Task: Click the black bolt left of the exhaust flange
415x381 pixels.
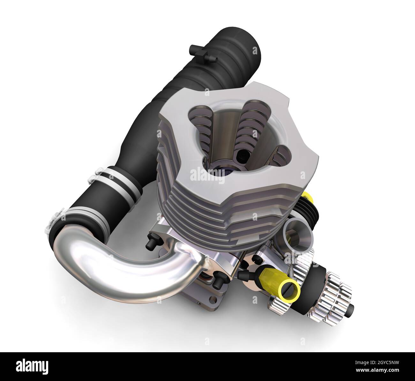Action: (149, 243)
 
